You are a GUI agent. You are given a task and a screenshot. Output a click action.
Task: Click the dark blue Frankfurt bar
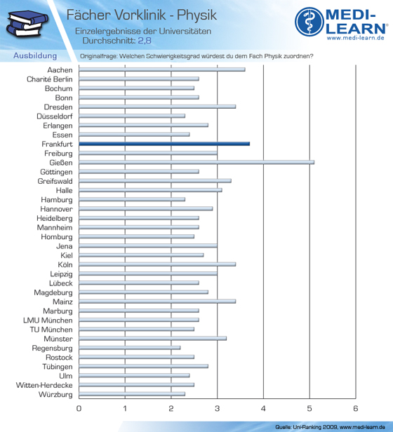tap(164, 144)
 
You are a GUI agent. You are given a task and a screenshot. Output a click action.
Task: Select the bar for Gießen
tap(196, 162)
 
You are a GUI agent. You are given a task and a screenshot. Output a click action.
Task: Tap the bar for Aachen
tap(162, 69)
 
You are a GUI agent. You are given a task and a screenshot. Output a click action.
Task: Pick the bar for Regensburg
tap(130, 348)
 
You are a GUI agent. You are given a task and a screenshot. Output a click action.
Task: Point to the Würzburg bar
tap(132, 394)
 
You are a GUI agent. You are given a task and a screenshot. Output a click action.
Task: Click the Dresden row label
tap(58, 107)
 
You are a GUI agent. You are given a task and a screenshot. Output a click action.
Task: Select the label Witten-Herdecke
tap(44, 385)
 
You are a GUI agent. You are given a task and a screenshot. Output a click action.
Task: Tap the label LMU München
tap(48, 320)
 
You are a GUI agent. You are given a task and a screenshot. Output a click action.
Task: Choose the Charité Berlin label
tap(50, 79)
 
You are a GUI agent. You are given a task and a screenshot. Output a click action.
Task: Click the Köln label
tap(65, 264)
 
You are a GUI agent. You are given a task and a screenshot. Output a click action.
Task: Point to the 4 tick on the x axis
tap(263, 408)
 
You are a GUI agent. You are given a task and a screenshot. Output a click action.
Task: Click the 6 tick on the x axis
tap(356, 408)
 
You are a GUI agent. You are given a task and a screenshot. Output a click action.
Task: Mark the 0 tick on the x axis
tap(79, 408)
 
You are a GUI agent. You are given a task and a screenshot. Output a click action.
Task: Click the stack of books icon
tap(27, 23)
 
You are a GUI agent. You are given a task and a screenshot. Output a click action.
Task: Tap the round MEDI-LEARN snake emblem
tap(309, 22)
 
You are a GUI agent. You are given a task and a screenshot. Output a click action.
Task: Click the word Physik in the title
tap(197, 15)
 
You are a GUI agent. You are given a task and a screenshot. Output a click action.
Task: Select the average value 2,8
tap(145, 41)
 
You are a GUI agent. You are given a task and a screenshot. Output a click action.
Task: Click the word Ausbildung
tap(35, 55)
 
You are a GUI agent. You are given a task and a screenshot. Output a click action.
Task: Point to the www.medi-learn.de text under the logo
tap(356, 38)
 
